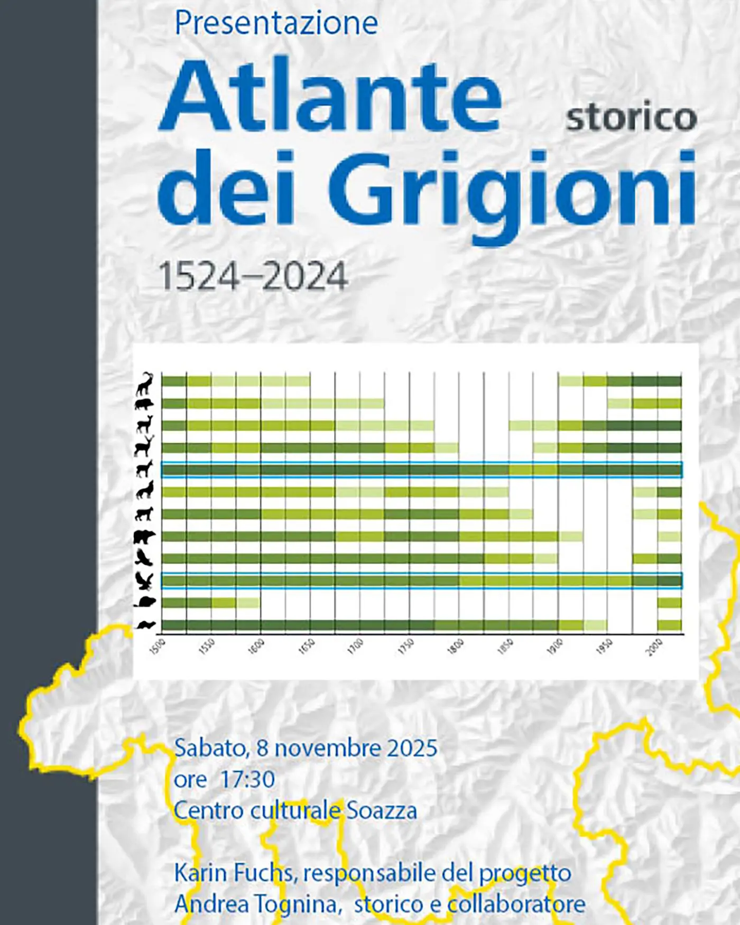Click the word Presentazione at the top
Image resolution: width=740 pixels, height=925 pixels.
click(276, 23)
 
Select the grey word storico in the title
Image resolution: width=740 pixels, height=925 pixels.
click(631, 117)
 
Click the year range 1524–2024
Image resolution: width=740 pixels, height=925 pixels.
click(253, 276)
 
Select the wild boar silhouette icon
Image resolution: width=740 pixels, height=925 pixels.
click(144, 405)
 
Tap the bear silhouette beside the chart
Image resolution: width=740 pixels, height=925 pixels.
click(144, 537)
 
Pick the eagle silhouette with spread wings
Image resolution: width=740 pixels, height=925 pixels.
click(144, 581)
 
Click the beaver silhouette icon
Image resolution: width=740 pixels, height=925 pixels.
click(144, 602)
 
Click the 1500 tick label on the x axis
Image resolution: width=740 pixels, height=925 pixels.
click(158, 647)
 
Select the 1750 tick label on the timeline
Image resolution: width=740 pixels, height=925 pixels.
click(406, 647)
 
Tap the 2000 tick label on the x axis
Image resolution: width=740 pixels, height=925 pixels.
click(654, 647)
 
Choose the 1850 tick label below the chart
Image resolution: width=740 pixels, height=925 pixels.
click(505, 647)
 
